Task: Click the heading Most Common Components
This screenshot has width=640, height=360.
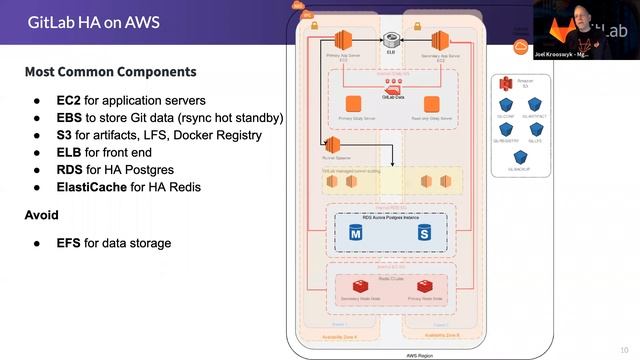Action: tap(110, 73)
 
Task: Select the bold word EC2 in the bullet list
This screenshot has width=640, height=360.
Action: tap(69, 100)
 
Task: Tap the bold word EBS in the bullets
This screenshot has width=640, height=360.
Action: tap(69, 117)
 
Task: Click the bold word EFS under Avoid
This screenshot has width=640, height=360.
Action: tap(69, 243)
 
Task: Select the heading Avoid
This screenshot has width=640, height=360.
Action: tap(41, 215)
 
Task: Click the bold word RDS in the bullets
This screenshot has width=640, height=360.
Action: tap(70, 169)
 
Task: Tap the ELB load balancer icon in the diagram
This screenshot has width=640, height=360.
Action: tap(393, 39)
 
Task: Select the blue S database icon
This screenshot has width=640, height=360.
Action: tap(424, 232)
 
